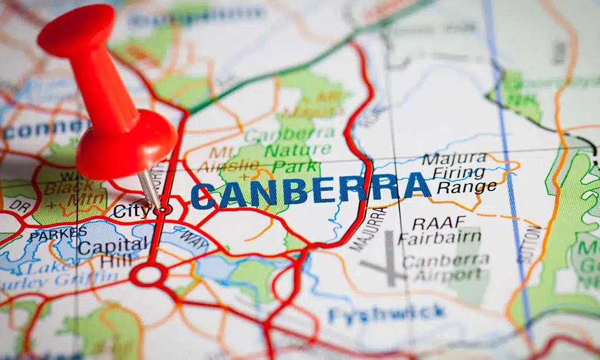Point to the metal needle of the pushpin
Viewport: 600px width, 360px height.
coord(149,188)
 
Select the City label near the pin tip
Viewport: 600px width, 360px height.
coord(132,210)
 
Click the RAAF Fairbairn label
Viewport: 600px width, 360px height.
coord(439,230)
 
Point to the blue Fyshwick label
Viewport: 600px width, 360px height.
coord(387,314)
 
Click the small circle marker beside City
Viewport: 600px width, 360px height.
coord(165,209)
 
